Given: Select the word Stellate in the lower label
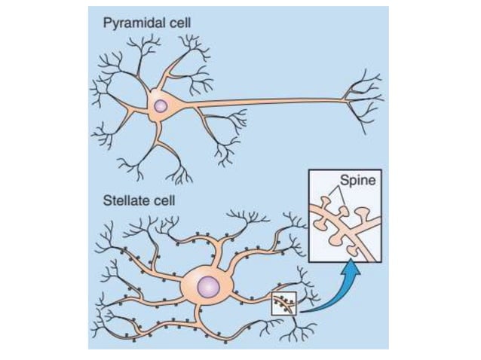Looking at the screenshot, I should pos(123,201).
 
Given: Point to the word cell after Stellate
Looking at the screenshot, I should pos(159,201).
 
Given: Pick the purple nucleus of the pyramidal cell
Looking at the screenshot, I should pos(160,106).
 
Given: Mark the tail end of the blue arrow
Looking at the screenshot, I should pos(301,309).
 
